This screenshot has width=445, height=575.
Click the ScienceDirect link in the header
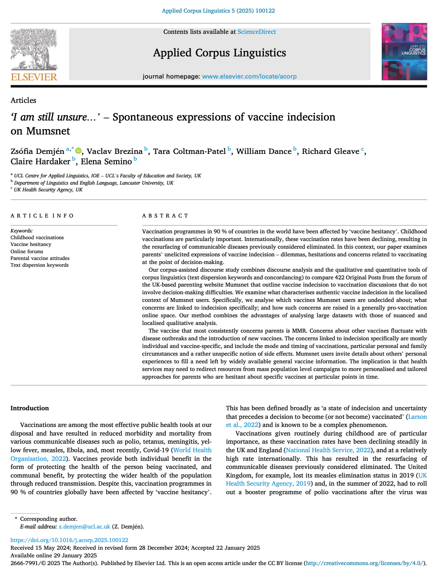[x=257, y=32]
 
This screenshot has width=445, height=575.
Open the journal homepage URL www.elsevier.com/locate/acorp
[x=249, y=76]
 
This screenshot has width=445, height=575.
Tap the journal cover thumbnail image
[x=404, y=52]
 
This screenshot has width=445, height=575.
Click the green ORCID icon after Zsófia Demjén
[x=78, y=151]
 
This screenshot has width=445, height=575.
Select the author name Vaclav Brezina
[x=114, y=152]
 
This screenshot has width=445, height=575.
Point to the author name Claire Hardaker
[x=41, y=162]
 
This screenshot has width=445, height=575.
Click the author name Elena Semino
[x=106, y=162]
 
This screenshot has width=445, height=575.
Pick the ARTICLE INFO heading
[x=42, y=216]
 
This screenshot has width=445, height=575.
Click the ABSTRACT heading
[x=165, y=216]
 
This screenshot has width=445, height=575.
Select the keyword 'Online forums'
[x=27, y=251]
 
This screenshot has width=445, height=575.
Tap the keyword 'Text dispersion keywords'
[x=40, y=265]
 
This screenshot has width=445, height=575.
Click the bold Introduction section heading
[x=30, y=408]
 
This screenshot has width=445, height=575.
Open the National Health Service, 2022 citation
[x=328, y=450]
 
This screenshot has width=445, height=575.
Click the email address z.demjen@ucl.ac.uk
[x=84, y=526]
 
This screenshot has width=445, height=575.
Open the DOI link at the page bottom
[x=69, y=540]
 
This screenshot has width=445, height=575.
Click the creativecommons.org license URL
[x=365, y=563]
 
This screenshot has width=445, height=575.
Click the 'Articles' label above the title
[x=23, y=100]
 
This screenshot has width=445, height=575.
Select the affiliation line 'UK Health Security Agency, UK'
[x=48, y=190]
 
